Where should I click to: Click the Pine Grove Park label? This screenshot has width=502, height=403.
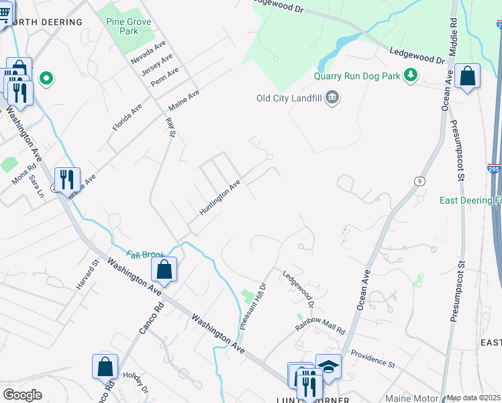(x=129, y=26)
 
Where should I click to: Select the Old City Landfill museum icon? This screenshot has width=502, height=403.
(x=332, y=99)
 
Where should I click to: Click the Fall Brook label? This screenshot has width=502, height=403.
(x=146, y=255)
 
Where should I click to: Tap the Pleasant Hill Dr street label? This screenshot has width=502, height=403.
(x=254, y=306)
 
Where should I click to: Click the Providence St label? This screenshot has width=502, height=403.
(x=372, y=359)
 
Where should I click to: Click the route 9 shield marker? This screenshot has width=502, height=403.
(x=419, y=181)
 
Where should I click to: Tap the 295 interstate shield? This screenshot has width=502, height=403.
(x=493, y=169)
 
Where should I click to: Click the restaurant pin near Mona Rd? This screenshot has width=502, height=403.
(x=67, y=179)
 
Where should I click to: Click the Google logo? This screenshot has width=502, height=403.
(x=22, y=394)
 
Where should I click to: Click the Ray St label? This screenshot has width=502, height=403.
(x=170, y=128)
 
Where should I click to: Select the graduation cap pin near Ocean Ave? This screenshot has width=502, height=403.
(x=328, y=366)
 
